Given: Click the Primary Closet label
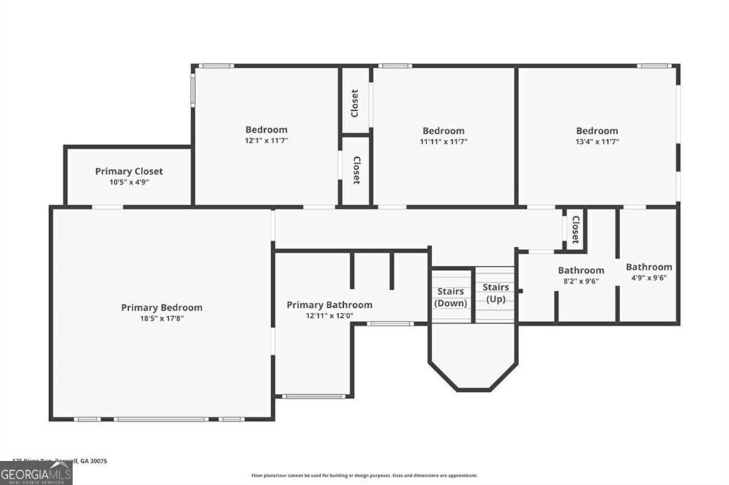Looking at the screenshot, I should tap(129, 171).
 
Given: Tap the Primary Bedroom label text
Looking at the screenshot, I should tap(162, 308).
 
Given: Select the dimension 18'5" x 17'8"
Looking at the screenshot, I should tap(162, 319).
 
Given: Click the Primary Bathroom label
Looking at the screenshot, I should tap(329, 305).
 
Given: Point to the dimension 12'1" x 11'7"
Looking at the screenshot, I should tap(266, 141).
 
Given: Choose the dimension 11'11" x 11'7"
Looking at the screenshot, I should tap(443, 142).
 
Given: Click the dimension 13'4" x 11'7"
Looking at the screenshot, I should tap(597, 142).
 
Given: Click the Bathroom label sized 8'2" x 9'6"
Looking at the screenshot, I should tap(581, 270).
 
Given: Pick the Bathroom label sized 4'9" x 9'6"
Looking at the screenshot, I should tap(649, 267).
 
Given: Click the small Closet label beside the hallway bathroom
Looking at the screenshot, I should tap(575, 230).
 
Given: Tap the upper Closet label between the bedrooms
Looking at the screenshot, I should tap(355, 103).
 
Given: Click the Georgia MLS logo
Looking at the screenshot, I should tap(36, 473).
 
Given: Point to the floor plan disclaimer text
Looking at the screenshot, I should tap(364, 476).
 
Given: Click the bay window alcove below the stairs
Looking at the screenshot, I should tap(473, 359).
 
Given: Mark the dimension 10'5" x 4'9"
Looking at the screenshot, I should tap(129, 182).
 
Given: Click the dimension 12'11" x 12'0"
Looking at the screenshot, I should tap(329, 316).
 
